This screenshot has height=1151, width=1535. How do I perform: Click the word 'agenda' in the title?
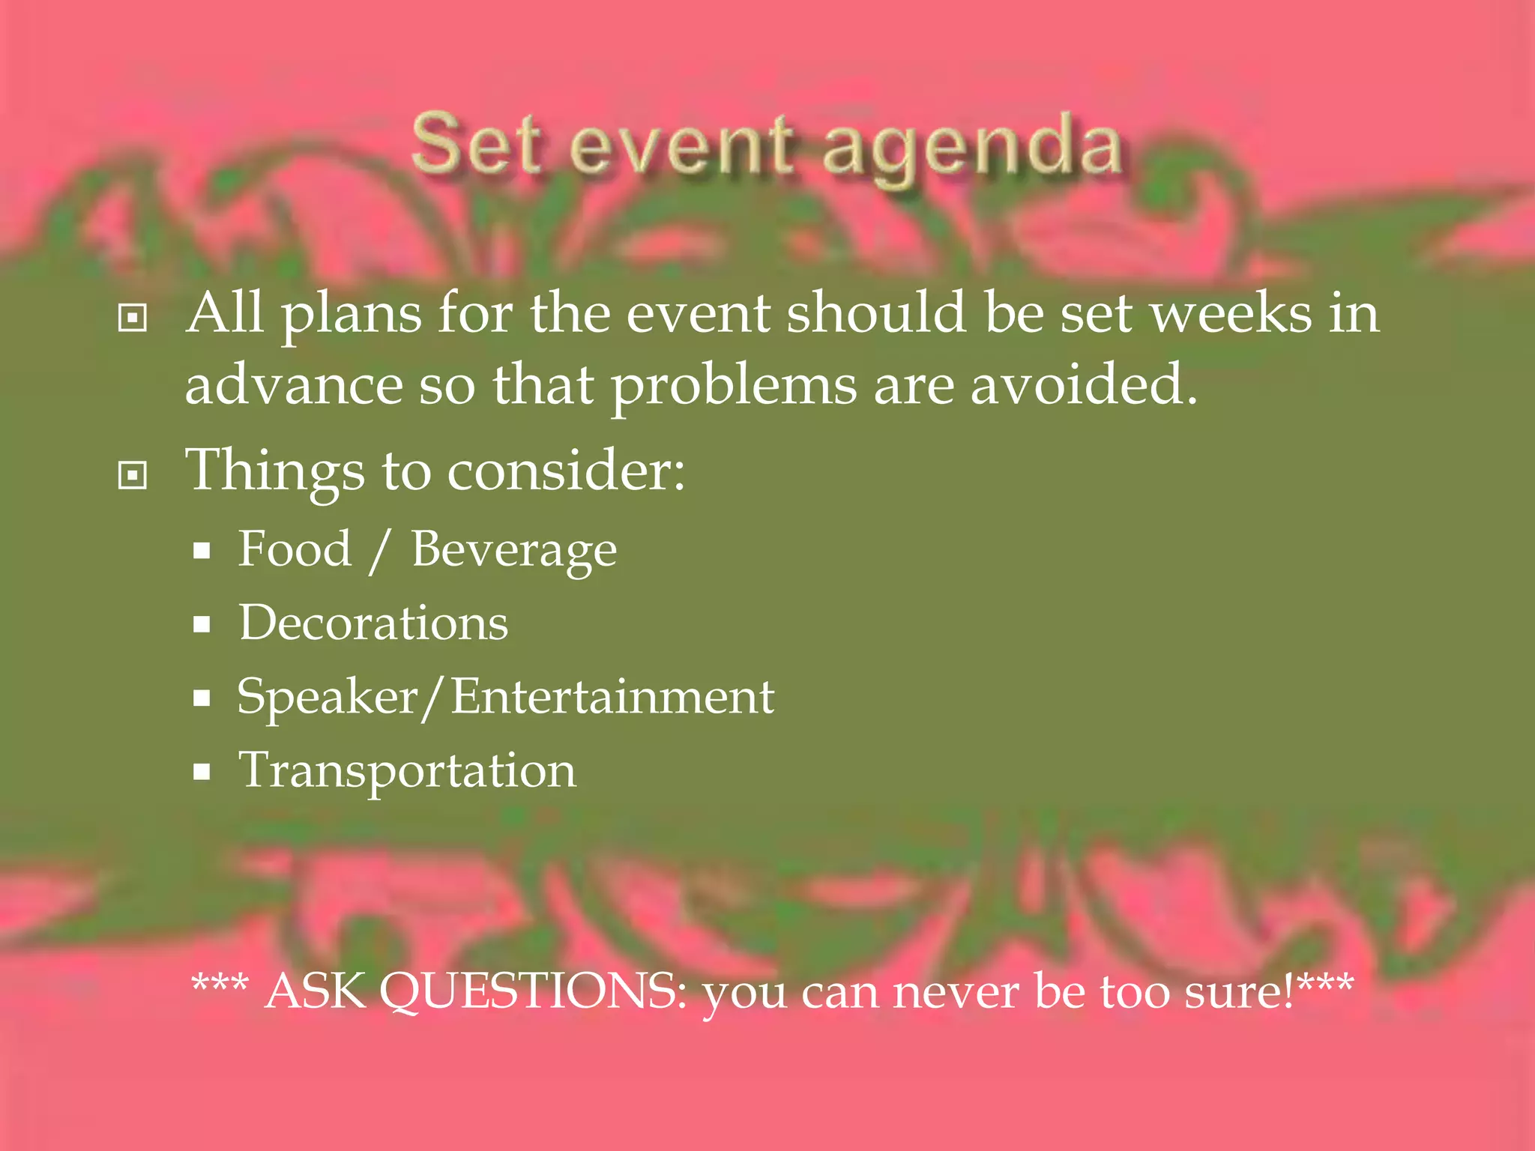tap(971, 147)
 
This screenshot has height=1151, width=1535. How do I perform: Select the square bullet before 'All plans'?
tap(133, 318)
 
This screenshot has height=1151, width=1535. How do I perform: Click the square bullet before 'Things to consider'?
tap(133, 474)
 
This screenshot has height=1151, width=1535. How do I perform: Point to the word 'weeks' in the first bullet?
tap(1231, 312)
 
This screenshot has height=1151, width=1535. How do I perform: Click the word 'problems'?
tap(733, 386)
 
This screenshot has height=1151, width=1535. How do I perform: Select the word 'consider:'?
tap(566, 471)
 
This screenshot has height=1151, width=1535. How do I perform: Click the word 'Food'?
tap(295, 549)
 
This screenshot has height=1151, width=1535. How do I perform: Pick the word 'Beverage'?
tap(514, 551)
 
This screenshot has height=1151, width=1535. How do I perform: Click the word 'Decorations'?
tap(373, 623)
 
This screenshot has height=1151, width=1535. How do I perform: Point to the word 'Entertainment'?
tap(612, 697)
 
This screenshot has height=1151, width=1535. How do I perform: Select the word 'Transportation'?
tap(407, 771)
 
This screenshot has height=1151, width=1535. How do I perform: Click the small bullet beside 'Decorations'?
tap(201, 624)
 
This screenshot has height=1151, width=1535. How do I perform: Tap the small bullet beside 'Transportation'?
tap(201, 772)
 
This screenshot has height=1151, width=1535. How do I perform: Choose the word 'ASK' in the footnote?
tap(315, 991)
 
